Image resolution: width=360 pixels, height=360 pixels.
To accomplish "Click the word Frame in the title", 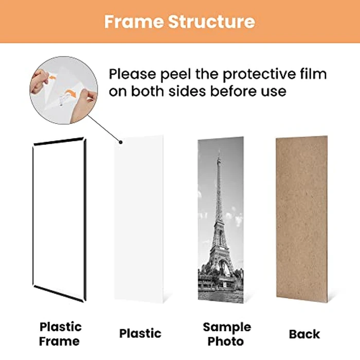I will click(x=133, y=21).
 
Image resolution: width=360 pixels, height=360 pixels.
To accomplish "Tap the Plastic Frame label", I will click(x=60, y=333).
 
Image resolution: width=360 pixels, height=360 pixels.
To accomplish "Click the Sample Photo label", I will click(x=226, y=333).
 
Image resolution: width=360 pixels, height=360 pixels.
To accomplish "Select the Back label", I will click(x=304, y=334).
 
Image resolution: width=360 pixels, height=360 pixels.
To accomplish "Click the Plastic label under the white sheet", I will click(x=140, y=333).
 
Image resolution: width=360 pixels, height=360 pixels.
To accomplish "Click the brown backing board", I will click(x=301, y=219).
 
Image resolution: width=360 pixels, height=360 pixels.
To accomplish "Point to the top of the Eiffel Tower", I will click(x=219, y=153).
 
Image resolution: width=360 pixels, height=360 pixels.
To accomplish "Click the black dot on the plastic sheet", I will click(x=120, y=142).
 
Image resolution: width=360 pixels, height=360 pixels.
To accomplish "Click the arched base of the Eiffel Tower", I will click(x=220, y=267).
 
